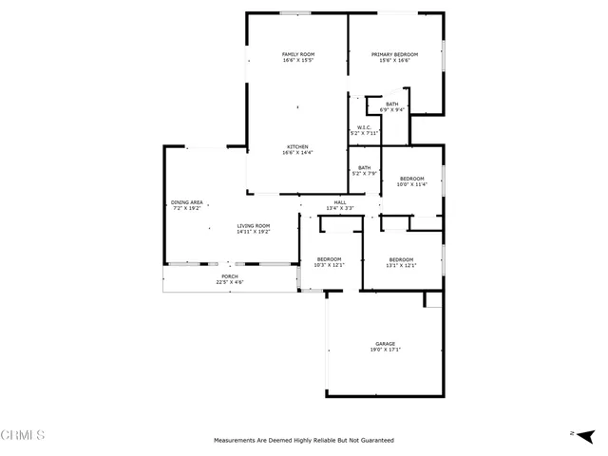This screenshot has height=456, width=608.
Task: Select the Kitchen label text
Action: click(297, 146)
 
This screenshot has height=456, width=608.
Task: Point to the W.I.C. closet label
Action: click(364, 127)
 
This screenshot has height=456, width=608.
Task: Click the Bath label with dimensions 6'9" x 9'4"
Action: click(392, 104)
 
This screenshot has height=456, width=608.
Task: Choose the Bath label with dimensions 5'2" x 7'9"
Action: click(365, 167)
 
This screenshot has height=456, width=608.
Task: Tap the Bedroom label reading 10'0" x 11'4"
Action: click(412, 179)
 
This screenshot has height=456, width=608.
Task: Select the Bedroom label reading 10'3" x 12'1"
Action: click(329, 259)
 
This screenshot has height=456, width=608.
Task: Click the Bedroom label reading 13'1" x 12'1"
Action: click(401, 259)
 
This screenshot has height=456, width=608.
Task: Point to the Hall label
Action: click(339, 202)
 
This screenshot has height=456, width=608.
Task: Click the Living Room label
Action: click(254, 225)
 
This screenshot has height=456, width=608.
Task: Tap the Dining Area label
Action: click(187, 201)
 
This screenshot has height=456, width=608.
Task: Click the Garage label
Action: click(385, 343)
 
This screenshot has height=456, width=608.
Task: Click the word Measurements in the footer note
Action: click(236, 440)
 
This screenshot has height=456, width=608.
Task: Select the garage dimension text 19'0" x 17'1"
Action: click(385, 350)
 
